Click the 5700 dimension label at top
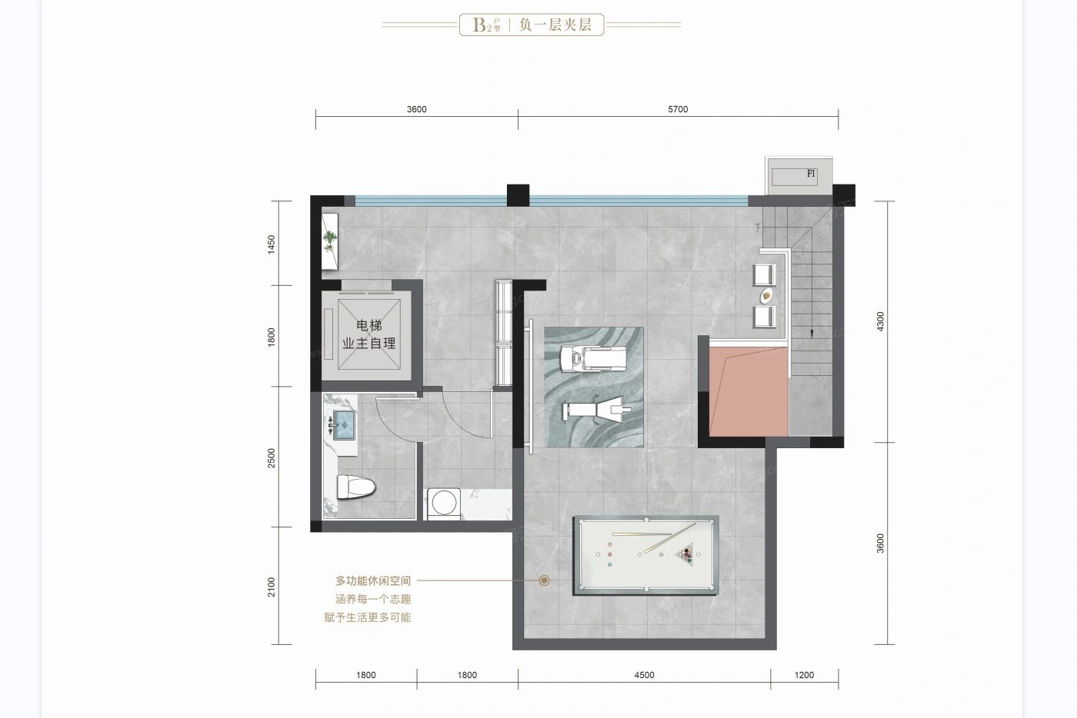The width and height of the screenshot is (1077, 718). click(x=678, y=110)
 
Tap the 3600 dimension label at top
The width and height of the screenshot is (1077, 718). click(x=416, y=110)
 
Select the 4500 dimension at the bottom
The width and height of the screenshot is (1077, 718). click(x=645, y=675)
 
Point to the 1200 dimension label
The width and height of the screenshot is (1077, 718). click(x=804, y=675)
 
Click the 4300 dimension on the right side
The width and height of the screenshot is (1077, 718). click(x=880, y=321)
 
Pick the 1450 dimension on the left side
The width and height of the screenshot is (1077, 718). click(x=272, y=244)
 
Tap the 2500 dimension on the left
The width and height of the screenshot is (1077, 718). click(x=272, y=458)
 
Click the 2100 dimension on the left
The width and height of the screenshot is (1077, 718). click(x=272, y=587)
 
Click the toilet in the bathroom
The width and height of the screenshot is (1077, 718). click(x=355, y=487)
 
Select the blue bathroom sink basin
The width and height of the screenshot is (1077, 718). click(x=345, y=425)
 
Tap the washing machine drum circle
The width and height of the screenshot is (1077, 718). click(x=445, y=503)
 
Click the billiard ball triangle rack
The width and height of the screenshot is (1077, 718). click(x=685, y=553)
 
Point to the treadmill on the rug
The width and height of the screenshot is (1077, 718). click(x=594, y=358)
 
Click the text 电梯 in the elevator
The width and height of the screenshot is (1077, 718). click(x=369, y=325)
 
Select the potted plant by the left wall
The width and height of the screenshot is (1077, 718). click(x=330, y=241)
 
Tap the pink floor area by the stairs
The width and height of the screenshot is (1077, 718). click(x=748, y=392)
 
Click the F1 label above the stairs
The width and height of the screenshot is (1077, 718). click(x=811, y=174)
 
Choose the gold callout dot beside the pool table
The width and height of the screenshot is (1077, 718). click(x=545, y=580)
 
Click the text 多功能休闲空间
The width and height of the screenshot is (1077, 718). click(x=373, y=581)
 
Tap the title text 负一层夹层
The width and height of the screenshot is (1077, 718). click(x=555, y=25)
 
